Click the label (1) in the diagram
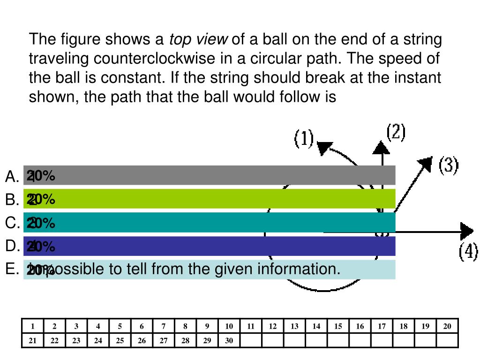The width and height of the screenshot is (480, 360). (304, 139)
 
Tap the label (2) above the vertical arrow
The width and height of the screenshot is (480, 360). (396, 133)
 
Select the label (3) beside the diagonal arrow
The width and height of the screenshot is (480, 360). (448, 165)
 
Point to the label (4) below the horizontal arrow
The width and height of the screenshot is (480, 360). (468, 252)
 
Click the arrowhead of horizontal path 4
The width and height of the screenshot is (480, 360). (467, 232)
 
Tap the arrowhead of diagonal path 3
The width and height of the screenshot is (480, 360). (426, 162)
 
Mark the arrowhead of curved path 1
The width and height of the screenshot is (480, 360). (324, 147)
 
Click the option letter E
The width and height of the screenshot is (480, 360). (11, 269)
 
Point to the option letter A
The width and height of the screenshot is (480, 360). (11, 177)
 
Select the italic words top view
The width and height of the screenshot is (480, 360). (198, 39)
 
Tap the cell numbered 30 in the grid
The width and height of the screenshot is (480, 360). (229, 341)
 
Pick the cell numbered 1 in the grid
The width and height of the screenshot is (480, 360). (33, 327)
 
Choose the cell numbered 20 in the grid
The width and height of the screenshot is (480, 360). (447, 327)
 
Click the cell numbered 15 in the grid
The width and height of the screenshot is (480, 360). (338, 327)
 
